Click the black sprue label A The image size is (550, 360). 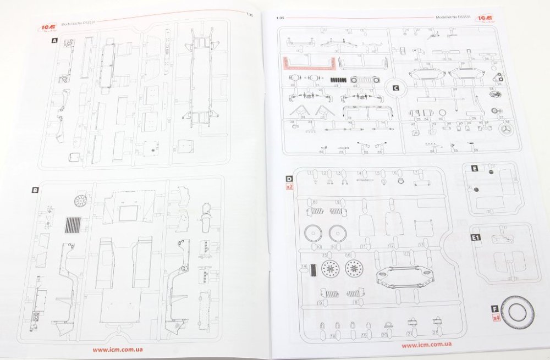click(x=53, y=41)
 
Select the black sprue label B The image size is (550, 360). click(x=35, y=190)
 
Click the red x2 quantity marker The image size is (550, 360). click(x=289, y=187)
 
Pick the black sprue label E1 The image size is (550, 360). click(x=476, y=238)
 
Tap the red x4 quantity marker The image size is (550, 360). click(x=496, y=318)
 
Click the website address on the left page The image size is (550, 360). click(x=119, y=349)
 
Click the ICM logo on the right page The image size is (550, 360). click(x=486, y=16)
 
